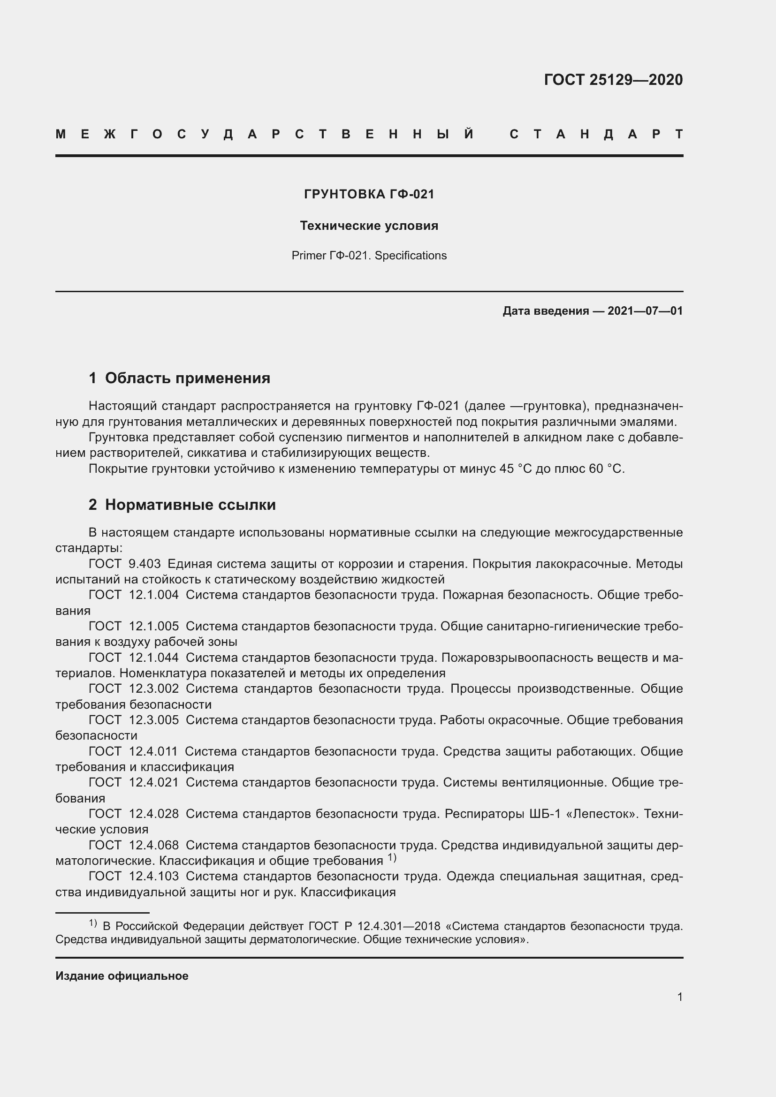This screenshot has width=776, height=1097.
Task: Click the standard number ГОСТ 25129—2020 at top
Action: coord(613,79)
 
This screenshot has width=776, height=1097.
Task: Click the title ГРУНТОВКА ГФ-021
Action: coord(369,194)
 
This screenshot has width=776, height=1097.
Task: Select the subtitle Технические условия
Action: coord(369,226)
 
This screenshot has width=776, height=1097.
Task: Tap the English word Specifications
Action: coord(411,256)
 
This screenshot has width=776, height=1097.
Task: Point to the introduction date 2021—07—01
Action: coord(645,311)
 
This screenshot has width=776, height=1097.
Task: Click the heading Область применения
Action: coord(187,378)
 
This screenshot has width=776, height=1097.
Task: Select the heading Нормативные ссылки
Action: coord(190,505)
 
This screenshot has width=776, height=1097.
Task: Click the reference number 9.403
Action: coord(145,564)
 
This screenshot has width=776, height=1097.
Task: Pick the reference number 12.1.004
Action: coord(153,595)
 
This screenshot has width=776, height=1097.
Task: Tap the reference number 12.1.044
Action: coord(153,658)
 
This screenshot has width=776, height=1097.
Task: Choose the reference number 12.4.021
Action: coord(153,782)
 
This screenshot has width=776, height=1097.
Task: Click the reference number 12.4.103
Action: coord(153,876)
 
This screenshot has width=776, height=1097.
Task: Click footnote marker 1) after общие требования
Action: coord(392,858)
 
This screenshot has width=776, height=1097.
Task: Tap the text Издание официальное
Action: coord(122,976)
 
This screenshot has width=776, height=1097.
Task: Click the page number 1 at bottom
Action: coord(679,997)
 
